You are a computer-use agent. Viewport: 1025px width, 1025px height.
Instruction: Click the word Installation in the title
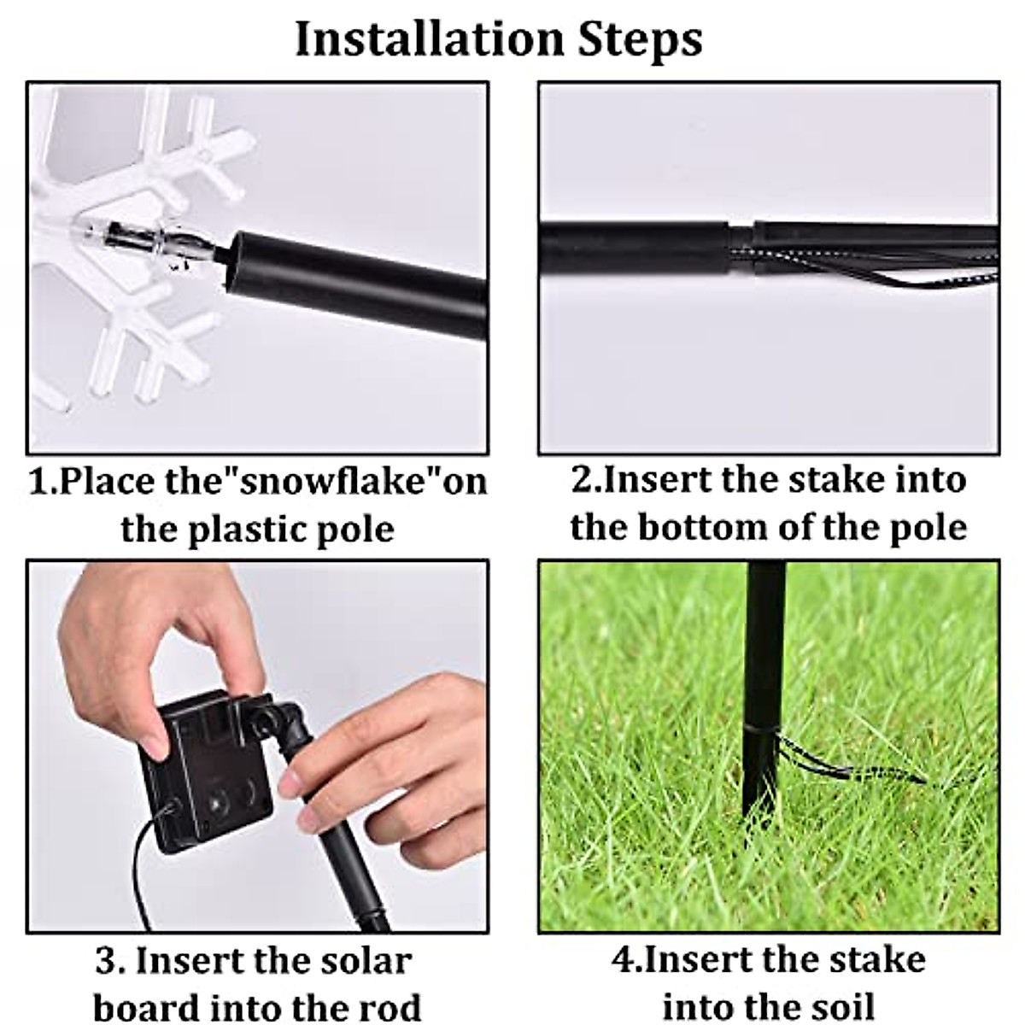pyautogui.click(x=430, y=39)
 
